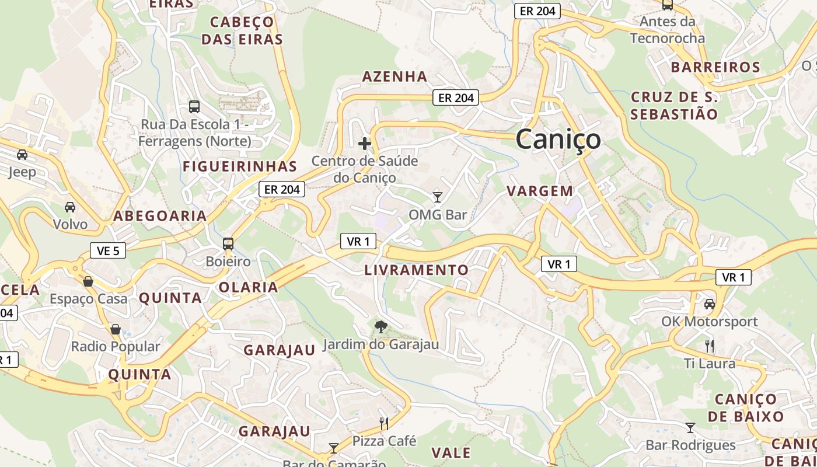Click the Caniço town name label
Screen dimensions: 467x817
tap(558, 139)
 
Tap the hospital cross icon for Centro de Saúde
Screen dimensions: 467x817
tap(365, 143)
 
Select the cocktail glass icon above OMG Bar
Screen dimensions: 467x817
tap(438, 197)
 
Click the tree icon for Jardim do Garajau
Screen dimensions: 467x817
tap(380, 326)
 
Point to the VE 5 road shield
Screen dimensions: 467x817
tap(108, 251)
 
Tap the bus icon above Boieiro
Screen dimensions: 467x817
tap(228, 243)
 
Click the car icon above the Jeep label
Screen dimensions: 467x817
tap(22, 155)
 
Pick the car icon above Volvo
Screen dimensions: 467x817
tap(70, 207)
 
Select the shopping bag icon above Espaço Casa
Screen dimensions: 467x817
tap(88, 281)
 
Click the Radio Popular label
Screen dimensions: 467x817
tap(115, 346)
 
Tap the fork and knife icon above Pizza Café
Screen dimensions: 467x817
tap(384, 423)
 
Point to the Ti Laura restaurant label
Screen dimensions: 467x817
tap(710, 363)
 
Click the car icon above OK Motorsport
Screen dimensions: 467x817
tap(710, 304)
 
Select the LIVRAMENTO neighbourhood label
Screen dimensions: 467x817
tap(416, 270)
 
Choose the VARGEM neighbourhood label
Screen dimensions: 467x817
tap(540, 191)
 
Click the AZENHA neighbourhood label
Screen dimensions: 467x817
tap(394, 76)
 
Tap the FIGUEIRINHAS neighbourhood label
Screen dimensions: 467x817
tap(240, 166)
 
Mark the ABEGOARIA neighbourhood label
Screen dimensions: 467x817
tap(160, 216)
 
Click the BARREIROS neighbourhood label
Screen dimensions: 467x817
tap(715, 67)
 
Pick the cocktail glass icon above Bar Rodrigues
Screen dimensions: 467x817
tap(690, 428)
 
